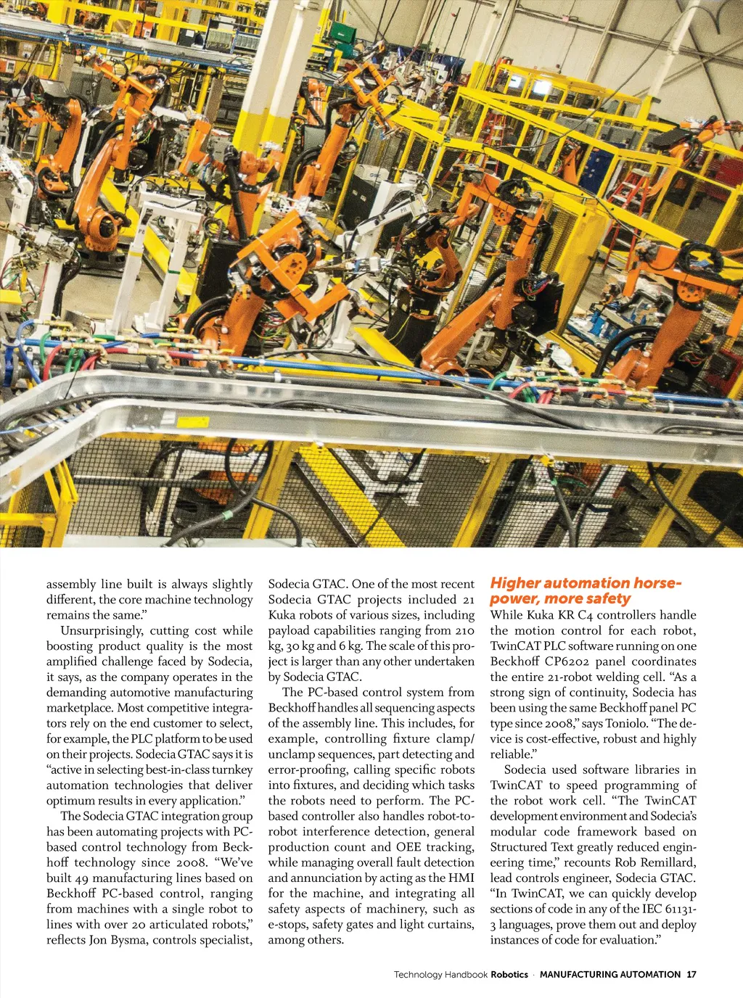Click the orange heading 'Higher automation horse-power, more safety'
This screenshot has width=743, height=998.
pos(585,590)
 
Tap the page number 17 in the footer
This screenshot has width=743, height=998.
pos(691,974)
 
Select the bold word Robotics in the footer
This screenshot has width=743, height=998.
pos(509,974)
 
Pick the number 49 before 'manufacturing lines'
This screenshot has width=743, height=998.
pos(82,878)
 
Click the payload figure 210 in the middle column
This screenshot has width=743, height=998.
pos(464,630)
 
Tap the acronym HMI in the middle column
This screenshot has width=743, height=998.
pos(461,878)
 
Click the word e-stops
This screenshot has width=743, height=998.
pos(288,925)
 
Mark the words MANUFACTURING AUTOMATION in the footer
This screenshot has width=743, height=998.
pos(609,974)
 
